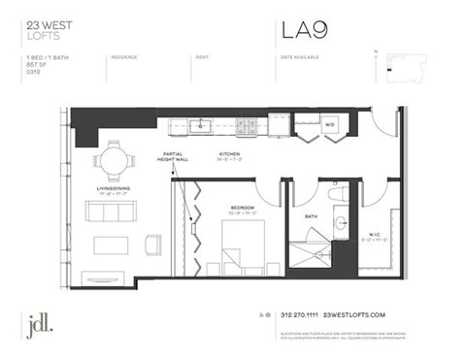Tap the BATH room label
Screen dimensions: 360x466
coord(311,216)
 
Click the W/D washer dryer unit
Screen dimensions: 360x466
coord(329,125)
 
